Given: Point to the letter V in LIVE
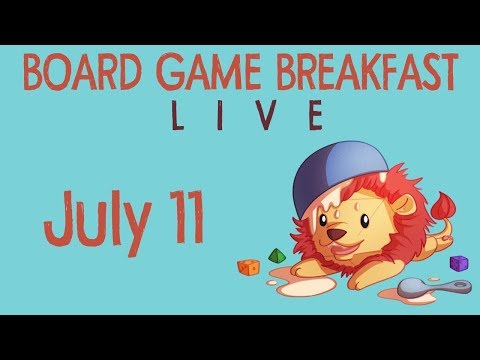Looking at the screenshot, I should coord(267,116).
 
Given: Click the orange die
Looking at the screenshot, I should coord(247,267).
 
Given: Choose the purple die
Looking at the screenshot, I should coord(458,263).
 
